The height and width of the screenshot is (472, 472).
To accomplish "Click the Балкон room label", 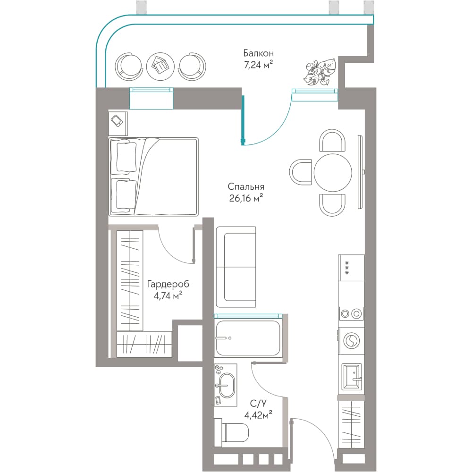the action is point(259,54).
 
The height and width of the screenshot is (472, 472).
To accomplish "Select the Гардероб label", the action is point(169,284).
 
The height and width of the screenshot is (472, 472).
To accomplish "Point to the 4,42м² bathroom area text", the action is point(258,415).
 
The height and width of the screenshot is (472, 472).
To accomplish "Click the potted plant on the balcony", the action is point(320,72).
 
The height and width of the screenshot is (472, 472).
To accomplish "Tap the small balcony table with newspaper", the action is point(160,66).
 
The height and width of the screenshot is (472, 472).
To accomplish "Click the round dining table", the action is point(333,172).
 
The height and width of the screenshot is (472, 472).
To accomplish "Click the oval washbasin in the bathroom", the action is point(226,385).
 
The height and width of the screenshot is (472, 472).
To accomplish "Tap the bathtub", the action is point(248,338).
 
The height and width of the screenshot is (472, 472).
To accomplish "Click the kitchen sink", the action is point(352,376).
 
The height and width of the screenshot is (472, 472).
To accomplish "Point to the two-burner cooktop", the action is point(351,314).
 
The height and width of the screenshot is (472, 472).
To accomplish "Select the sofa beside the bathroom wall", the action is point(236,267).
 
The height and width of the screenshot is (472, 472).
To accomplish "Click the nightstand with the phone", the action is point(118,123).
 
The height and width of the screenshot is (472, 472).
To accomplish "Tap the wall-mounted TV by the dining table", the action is point(361,172).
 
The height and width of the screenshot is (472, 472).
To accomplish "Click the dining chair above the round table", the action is point(332,141).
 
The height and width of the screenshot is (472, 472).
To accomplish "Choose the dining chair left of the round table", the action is point(300,172).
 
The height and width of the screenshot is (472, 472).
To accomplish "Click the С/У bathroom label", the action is point(258,404).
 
